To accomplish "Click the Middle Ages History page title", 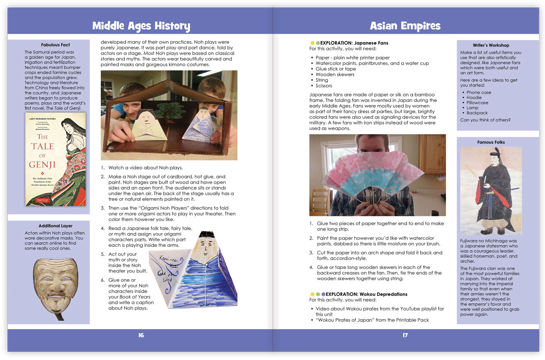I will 141,25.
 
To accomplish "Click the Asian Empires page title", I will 405,25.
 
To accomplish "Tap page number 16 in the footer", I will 141,335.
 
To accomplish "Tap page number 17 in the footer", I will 405,335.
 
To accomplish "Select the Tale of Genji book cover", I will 55,159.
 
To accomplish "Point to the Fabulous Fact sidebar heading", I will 55,45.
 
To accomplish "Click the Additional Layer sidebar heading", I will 55,226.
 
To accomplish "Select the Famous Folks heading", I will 491,142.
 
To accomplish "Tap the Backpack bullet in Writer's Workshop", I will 477,113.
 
